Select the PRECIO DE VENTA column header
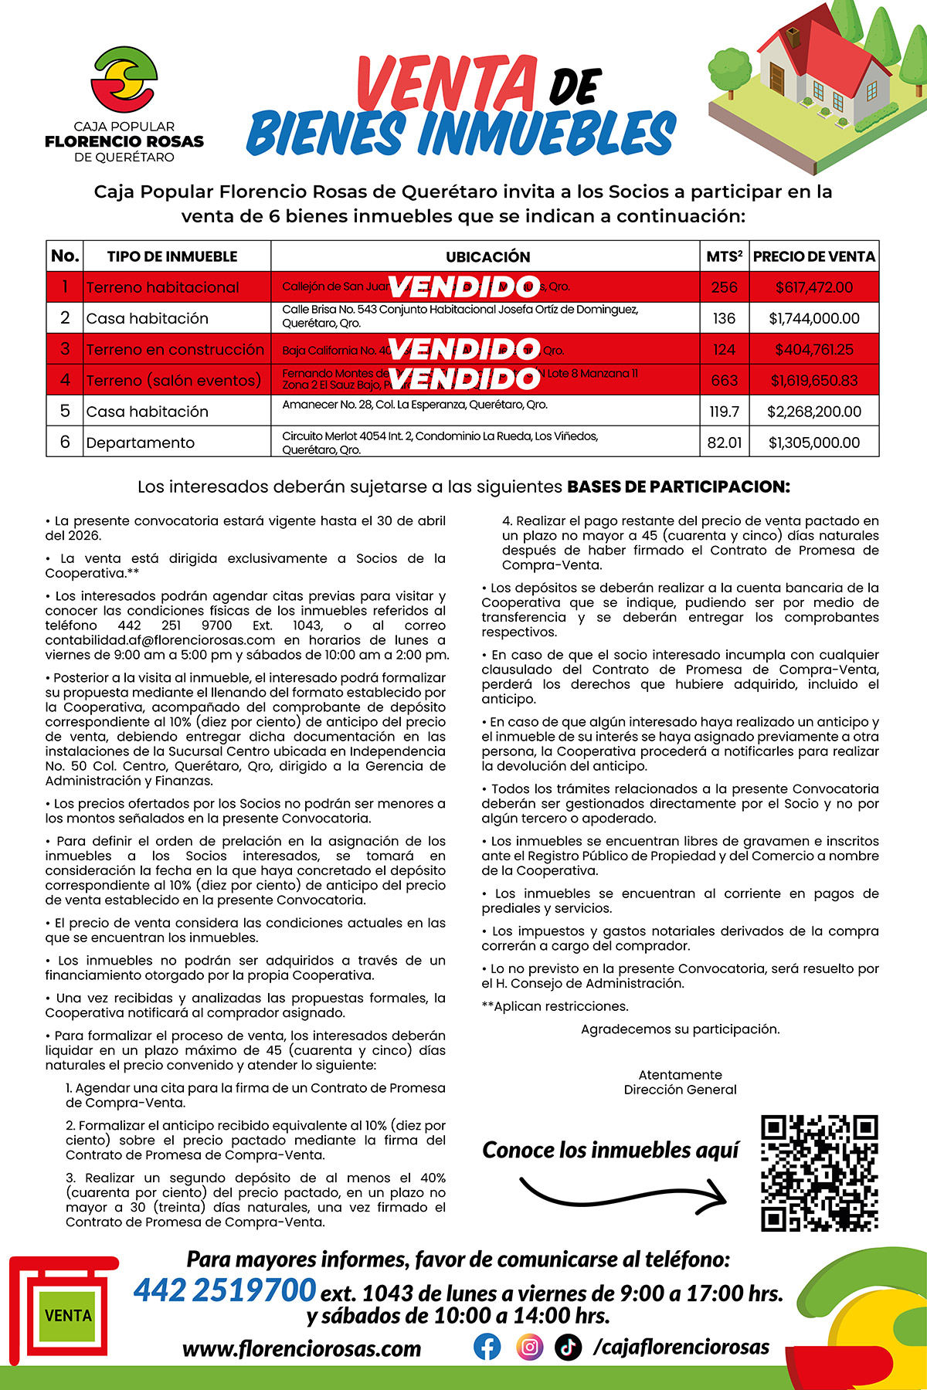(x=814, y=256)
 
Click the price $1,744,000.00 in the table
(x=814, y=318)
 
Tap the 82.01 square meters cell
(x=724, y=442)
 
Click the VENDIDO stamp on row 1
(x=463, y=286)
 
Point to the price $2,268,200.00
(x=814, y=412)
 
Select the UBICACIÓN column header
(x=487, y=256)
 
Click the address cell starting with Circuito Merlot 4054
(x=440, y=442)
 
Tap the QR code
(x=820, y=1172)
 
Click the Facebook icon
(x=487, y=1347)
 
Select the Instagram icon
(x=529, y=1347)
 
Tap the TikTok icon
(x=569, y=1347)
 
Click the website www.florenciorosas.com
(x=302, y=1348)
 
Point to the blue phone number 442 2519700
(x=225, y=1290)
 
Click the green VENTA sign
(x=68, y=1315)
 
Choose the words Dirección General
(x=680, y=1090)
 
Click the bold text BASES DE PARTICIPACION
(x=678, y=486)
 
